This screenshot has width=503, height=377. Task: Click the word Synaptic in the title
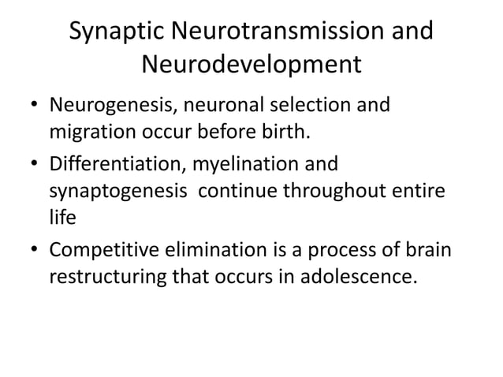coord(116,32)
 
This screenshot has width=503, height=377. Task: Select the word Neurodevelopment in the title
coord(251,65)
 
